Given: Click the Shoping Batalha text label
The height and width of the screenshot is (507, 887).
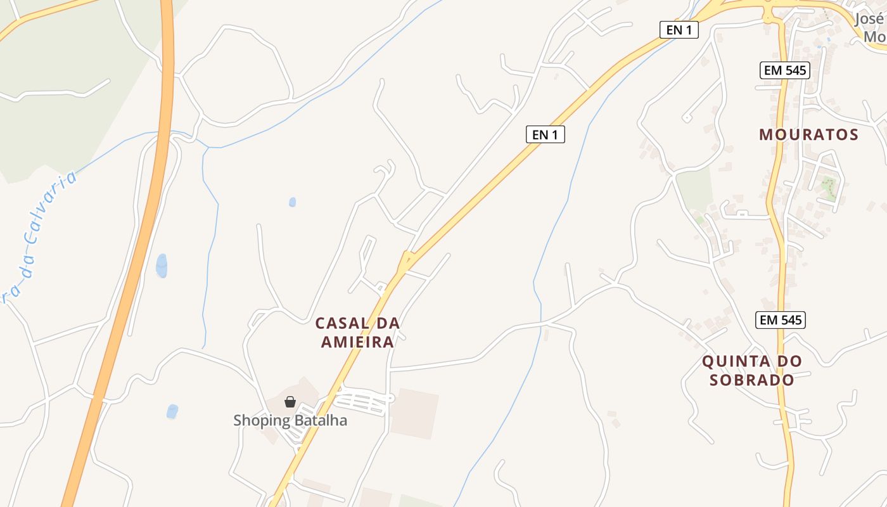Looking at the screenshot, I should click(290, 420).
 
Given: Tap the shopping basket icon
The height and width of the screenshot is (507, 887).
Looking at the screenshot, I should click(290, 402).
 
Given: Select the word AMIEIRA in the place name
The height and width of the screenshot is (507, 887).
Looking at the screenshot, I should click(358, 342).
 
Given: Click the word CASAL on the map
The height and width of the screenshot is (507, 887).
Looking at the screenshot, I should click(342, 323).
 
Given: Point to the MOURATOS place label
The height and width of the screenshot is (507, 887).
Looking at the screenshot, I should click(808, 134).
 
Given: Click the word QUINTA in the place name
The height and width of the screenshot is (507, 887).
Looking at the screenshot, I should click(734, 361).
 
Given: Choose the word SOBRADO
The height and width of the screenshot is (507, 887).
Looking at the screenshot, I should click(752, 380).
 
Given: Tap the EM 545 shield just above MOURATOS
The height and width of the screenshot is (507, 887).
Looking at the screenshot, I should click(785, 70).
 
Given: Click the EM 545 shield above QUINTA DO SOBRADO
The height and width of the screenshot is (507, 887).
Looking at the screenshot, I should click(781, 320).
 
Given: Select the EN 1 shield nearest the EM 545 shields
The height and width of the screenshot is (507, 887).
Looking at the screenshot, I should click(679, 30).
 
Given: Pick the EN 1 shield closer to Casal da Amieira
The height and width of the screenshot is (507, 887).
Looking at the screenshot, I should click(545, 134).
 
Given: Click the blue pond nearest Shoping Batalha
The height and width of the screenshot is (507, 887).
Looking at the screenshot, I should click(172, 411).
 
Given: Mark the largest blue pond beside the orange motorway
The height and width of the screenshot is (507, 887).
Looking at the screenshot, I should click(162, 266).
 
